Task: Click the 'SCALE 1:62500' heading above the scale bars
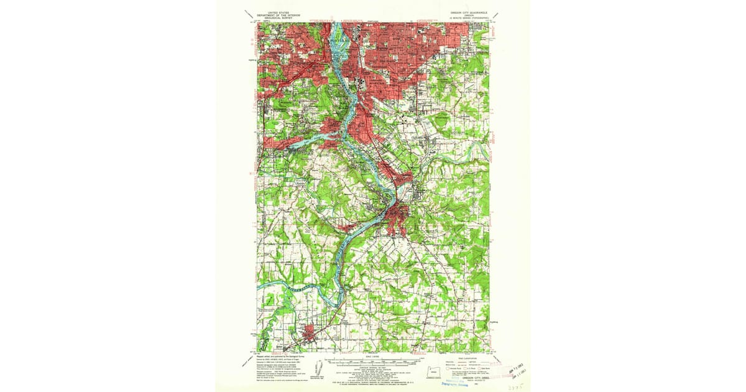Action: pyautogui.click(x=373, y=355)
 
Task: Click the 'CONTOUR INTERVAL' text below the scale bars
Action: pyautogui.click(x=373, y=366)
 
